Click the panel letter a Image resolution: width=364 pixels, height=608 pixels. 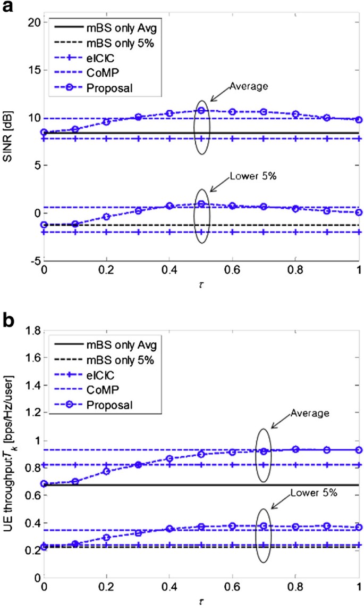pyautogui.click(x=7, y=7)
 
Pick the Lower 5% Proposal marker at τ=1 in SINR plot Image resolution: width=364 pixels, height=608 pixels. pyautogui.click(x=359, y=212)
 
